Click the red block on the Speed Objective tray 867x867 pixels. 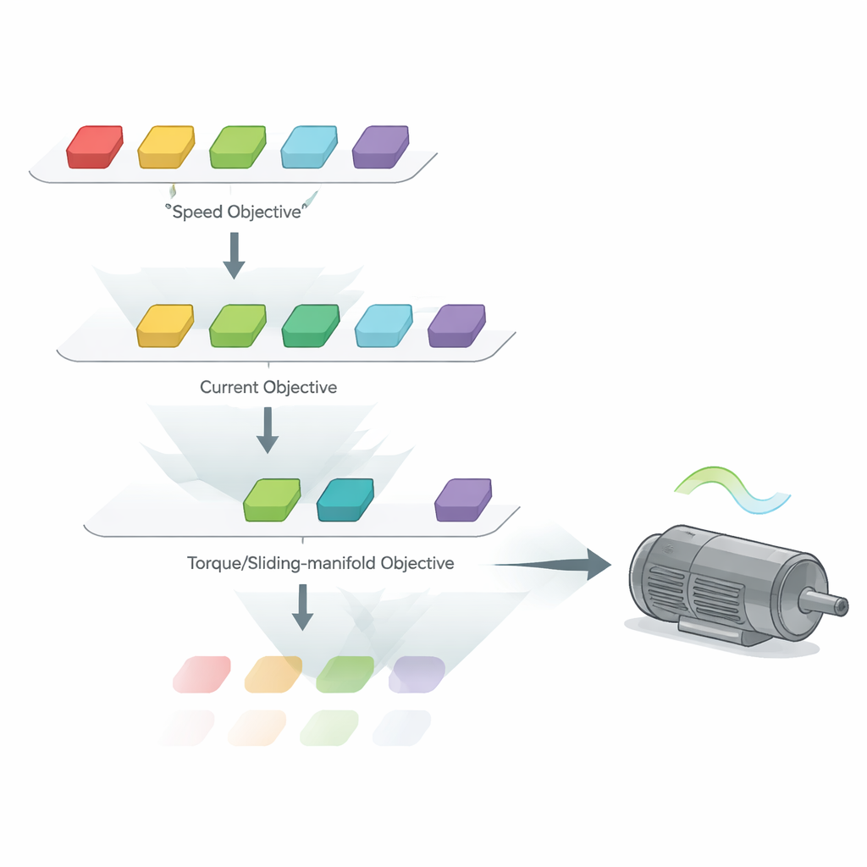[x=95, y=146]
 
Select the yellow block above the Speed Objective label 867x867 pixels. [x=166, y=146]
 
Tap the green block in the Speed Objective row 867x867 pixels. [x=238, y=146]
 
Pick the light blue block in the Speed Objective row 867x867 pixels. [x=309, y=146]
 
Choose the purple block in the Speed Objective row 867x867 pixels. [x=380, y=146]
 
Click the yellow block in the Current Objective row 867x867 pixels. [x=165, y=326]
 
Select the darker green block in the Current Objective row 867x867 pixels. [x=310, y=326]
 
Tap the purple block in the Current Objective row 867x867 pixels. [x=457, y=326]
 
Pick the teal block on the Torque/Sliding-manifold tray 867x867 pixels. [x=345, y=500]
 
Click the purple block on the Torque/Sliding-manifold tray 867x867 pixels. [x=463, y=500]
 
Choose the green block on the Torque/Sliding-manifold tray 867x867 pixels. [x=272, y=500]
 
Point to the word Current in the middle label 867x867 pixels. [x=229, y=388]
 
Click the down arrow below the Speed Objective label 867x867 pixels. [x=234, y=256]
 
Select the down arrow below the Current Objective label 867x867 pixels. [x=268, y=431]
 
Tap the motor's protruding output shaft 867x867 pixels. [x=826, y=605]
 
